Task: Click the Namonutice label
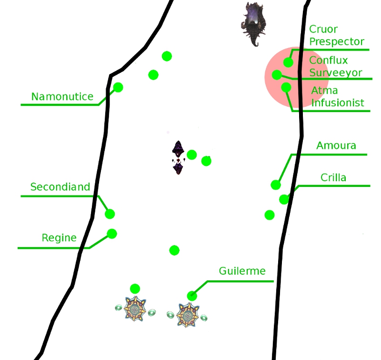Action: point(62,97)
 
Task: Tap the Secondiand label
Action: point(60,187)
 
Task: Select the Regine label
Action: point(59,237)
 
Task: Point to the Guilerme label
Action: point(242,271)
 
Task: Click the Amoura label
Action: point(336,145)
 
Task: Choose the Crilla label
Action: point(333,178)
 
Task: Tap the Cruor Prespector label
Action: point(336,36)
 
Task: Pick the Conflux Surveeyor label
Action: point(335,67)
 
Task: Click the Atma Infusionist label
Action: point(338,96)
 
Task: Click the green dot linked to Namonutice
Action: point(118,87)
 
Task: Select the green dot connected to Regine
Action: point(112,234)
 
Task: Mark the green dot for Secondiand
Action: point(110,214)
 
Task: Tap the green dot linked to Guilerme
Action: point(192,296)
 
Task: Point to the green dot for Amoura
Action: point(276,185)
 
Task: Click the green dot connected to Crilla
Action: point(284,199)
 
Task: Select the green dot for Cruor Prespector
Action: point(288,62)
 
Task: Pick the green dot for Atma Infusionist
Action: point(286,87)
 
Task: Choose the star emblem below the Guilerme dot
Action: point(187,314)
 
